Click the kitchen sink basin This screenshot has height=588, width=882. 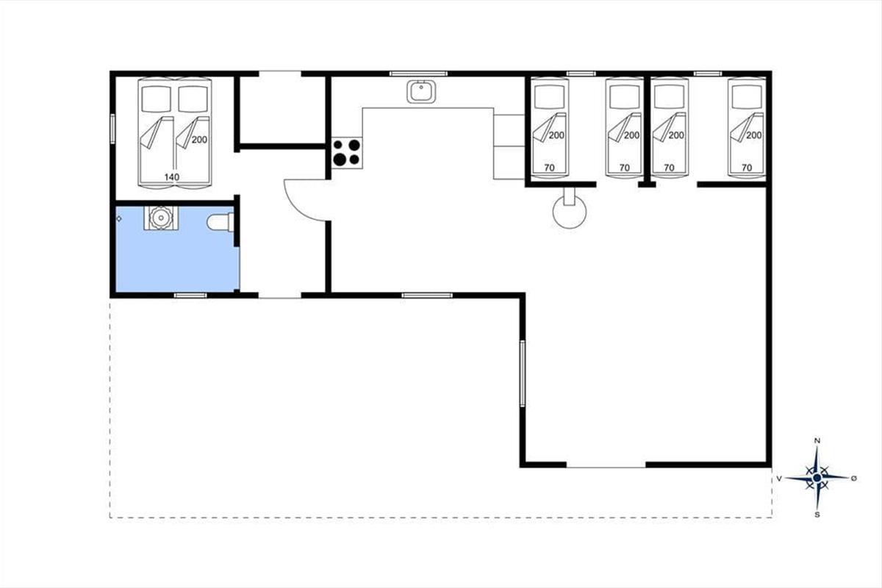pos(421,92)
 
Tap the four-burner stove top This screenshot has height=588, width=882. pos(347,153)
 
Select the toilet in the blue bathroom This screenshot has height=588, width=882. pos(220,222)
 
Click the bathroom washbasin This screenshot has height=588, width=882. pos(161,218)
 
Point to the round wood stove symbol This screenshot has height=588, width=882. pos(570,212)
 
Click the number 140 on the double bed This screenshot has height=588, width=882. pos(172,177)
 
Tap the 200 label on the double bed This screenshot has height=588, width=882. pos(199,140)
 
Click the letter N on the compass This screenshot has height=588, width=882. pos(817,441)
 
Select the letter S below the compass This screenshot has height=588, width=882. pos(817,514)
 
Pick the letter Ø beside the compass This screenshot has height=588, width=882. pos(853,478)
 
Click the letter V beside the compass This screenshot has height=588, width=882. pos(779,478)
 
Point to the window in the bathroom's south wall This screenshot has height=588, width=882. pos(190,295)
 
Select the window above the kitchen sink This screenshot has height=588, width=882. pos(418,73)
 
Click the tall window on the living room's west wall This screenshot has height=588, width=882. pos(523,373)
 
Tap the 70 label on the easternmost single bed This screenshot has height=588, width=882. pos(747,168)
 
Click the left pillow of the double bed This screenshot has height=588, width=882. pos(157,98)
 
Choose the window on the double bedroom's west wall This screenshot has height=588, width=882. pos(112,129)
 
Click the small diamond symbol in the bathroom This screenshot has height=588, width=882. pos(119,219)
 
